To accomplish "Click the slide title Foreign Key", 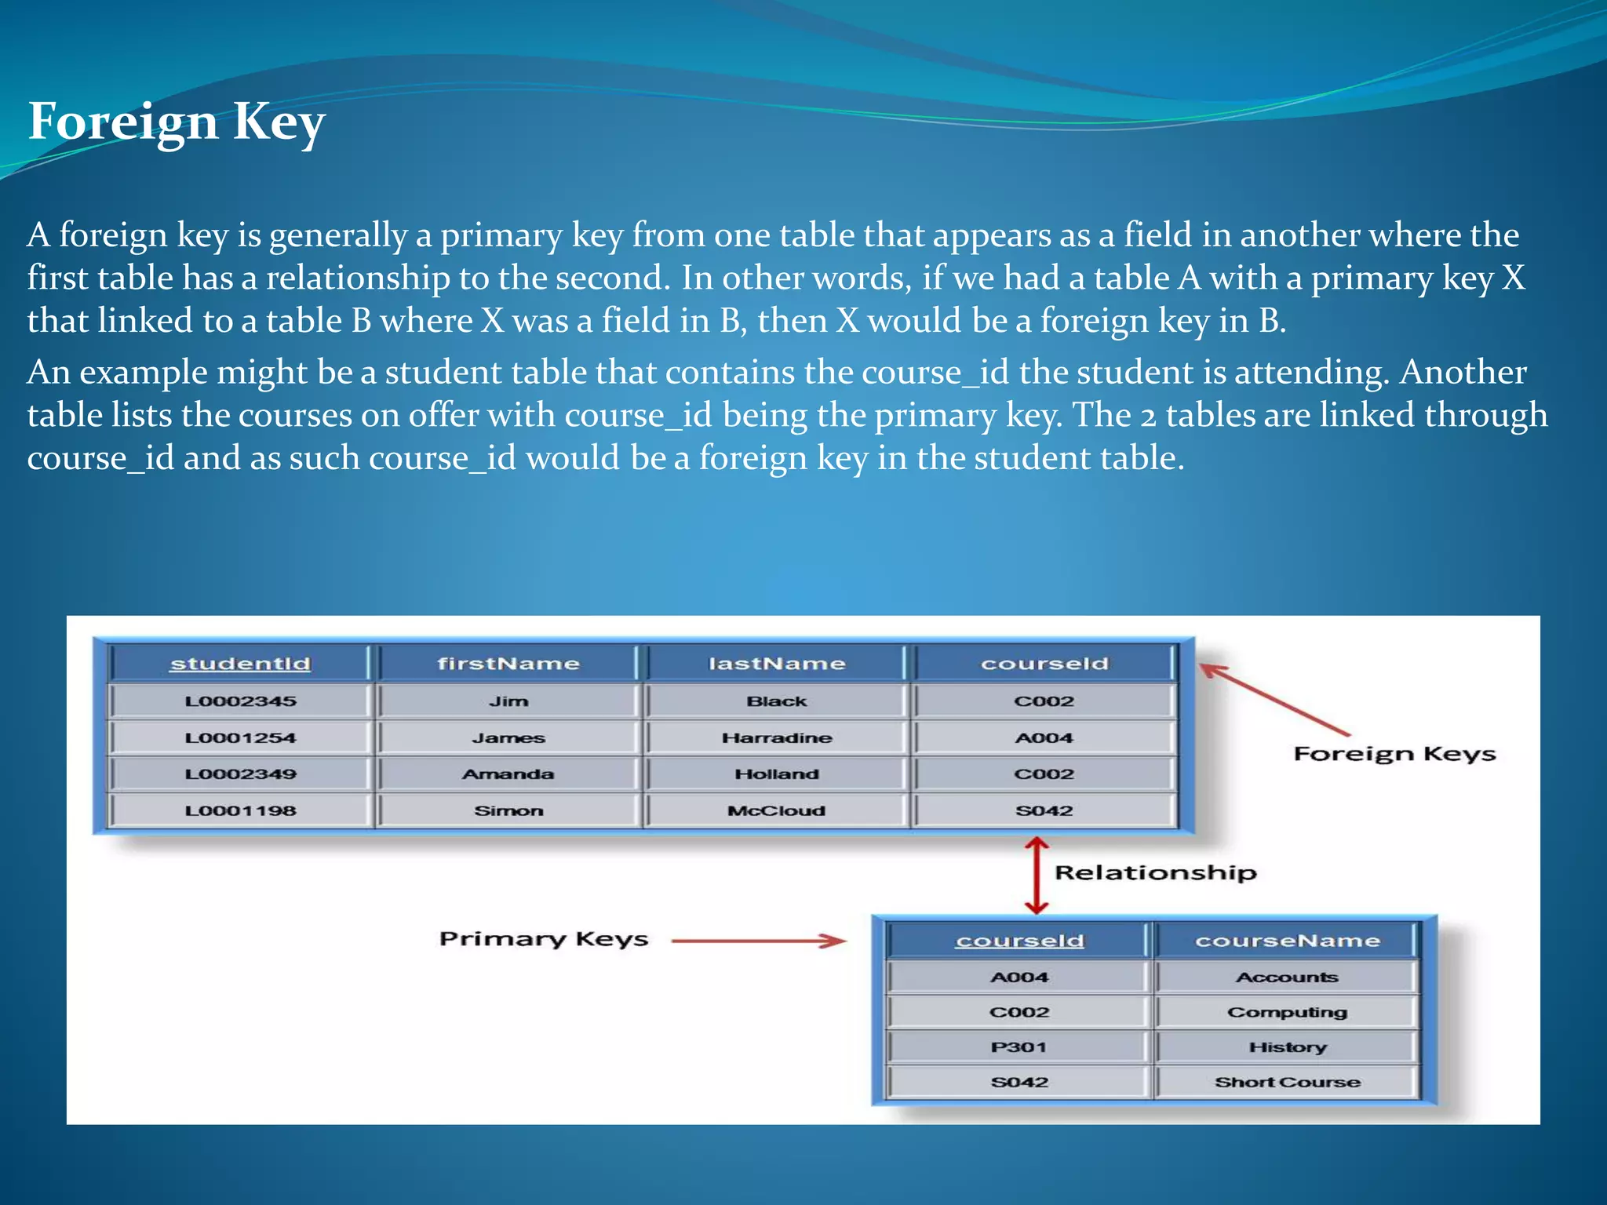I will (x=177, y=122).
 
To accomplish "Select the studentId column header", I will (x=240, y=664).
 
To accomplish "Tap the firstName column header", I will (x=508, y=664).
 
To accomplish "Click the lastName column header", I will (x=777, y=664).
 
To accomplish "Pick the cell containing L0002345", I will (x=240, y=701).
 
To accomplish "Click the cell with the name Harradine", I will (x=777, y=737).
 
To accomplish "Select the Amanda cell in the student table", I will (x=508, y=774).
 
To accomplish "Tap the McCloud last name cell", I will (x=777, y=810).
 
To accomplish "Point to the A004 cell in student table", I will (x=1044, y=737).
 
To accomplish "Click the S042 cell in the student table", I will (x=1044, y=810).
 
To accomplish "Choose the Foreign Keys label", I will (x=1394, y=754).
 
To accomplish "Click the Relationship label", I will (x=1155, y=872).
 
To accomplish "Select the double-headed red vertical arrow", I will (x=1037, y=876).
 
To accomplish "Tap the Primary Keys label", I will (x=544, y=939).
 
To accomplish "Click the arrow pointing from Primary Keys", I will (x=759, y=941).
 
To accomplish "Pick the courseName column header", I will (x=1287, y=941).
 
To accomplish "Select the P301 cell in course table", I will (x=1018, y=1047).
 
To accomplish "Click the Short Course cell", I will (x=1287, y=1083).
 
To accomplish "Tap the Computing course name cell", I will (x=1287, y=1012).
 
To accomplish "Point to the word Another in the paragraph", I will (x=1463, y=372).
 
